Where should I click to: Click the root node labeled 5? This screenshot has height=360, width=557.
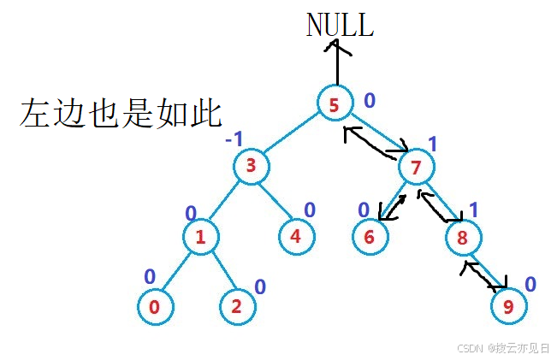(x=333, y=104)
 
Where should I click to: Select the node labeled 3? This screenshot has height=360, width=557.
(x=252, y=167)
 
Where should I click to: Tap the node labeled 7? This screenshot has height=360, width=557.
(x=416, y=168)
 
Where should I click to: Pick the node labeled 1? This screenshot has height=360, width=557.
(x=200, y=237)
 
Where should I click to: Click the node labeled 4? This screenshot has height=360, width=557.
(x=296, y=236)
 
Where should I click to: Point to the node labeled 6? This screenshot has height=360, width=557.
(x=370, y=237)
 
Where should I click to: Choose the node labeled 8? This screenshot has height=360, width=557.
(x=463, y=238)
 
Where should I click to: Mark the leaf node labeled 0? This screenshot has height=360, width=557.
(x=155, y=306)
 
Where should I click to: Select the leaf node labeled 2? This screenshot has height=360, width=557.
(x=237, y=307)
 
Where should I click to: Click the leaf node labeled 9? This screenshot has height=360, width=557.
(x=508, y=306)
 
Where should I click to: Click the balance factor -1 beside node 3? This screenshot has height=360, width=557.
(x=234, y=138)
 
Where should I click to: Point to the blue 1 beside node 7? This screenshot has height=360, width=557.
(x=432, y=144)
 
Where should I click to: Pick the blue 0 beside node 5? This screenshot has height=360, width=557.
(x=369, y=101)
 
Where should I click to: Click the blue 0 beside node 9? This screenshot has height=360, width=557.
(x=530, y=284)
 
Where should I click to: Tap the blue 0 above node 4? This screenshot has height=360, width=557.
(x=310, y=210)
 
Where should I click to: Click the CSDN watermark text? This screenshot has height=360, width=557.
(x=503, y=348)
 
